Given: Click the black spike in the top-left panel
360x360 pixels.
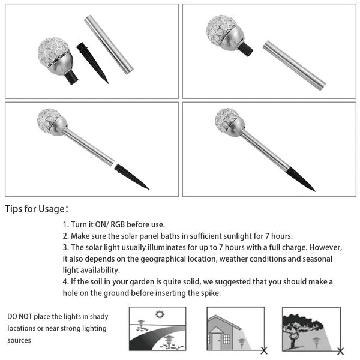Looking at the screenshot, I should click(92, 62).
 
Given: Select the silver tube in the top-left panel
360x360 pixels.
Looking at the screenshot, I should click(108, 44).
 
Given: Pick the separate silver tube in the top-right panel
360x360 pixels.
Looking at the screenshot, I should click(294, 65).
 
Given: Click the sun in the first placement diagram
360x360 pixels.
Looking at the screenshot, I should click(160, 314).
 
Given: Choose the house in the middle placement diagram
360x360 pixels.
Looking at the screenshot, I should click(223, 332).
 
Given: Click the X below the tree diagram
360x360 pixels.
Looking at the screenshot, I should click(340, 351).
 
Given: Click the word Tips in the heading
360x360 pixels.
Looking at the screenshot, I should click(17, 209).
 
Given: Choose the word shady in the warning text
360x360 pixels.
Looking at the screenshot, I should click(97, 316).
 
